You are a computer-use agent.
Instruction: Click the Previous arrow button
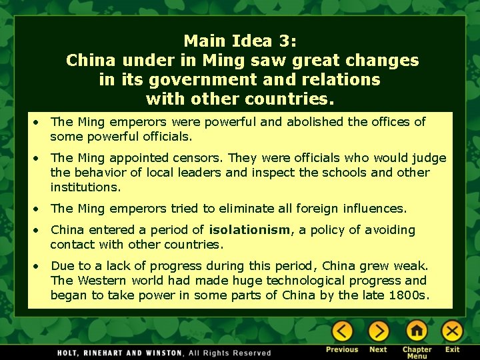tap(342, 331)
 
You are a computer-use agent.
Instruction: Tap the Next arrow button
tap(378, 331)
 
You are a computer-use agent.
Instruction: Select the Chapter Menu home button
tap(417, 331)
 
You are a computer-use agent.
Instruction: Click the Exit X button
tap(453, 331)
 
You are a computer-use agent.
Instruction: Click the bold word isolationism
tap(250, 230)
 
